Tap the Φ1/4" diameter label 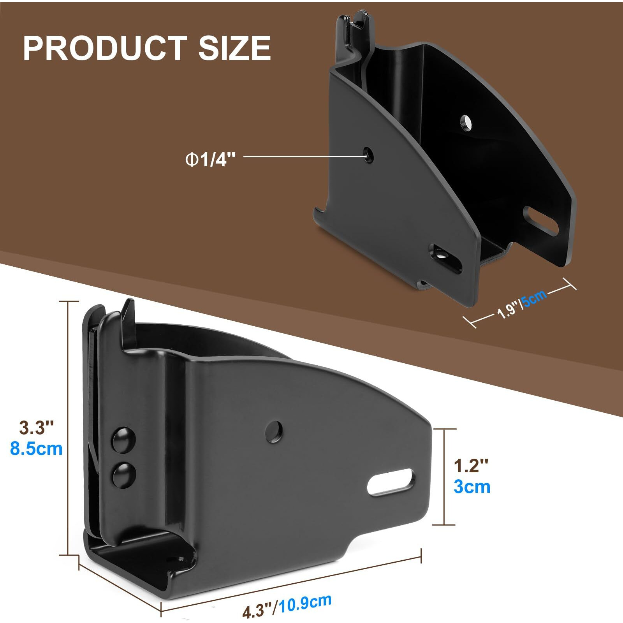point(211,159)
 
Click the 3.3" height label point(36,428)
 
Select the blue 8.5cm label point(36,449)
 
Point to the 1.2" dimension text point(471,466)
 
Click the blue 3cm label point(472,487)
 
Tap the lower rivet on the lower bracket point(124,474)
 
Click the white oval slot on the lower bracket point(391,482)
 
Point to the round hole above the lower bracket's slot point(274,431)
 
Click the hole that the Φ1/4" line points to point(368,155)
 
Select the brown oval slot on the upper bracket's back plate point(540,221)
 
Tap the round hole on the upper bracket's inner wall point(465,123)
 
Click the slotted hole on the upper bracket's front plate point(445,257)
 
